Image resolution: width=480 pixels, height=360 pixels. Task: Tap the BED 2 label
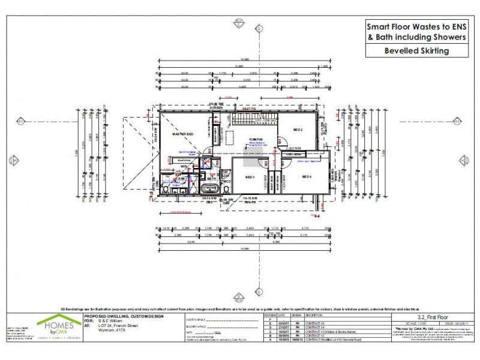[298, 130]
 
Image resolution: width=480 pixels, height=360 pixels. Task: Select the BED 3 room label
[250, 177]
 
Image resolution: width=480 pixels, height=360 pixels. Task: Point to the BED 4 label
[307, 176]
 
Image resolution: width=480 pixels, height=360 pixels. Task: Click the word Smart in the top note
[379, 26]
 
